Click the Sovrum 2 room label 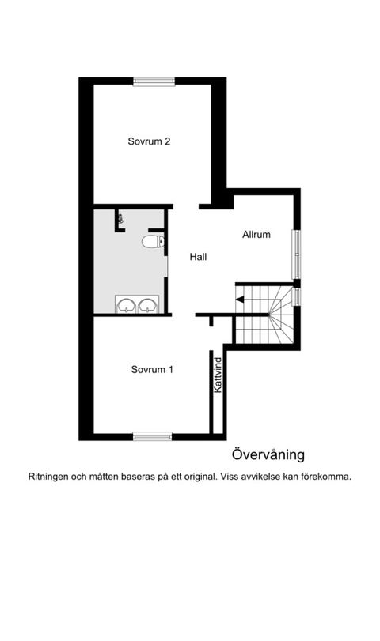(x=150, y=142)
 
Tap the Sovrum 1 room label (x=152, y=369)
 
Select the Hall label (x=198, y=257)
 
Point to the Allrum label (x=256, y=235)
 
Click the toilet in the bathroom (x=150, y=241)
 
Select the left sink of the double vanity (x=126, y=304)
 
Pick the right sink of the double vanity (x=148, y=304)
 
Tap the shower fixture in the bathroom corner (x=120, y=218)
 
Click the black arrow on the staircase (x=239, y=299)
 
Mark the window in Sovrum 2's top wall (x=154, y=81)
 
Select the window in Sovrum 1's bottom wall (x=152, y=436)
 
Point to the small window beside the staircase (x=297, y=296)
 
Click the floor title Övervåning (x=268, y=454)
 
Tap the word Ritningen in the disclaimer (x=50, y=477)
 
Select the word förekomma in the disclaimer (x=325, y=477)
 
